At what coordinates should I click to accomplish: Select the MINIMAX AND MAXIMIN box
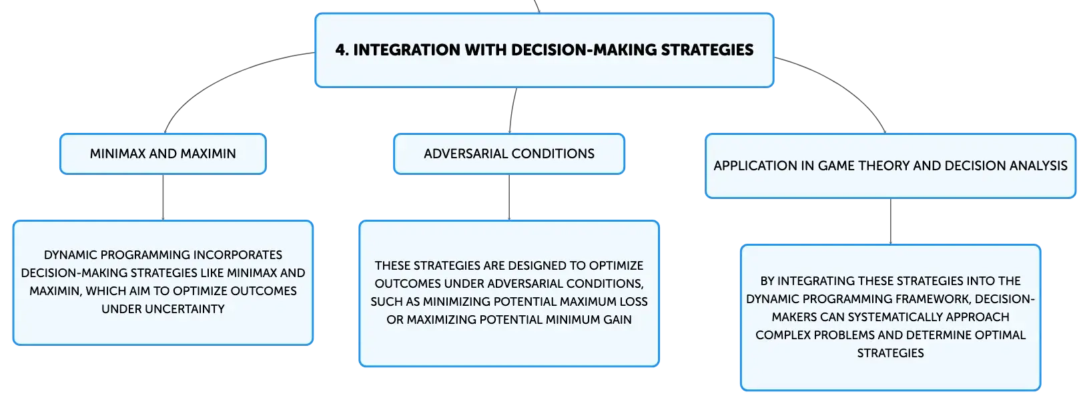[x=163, y=154]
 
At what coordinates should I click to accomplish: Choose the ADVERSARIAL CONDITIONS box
[x=509, y=154]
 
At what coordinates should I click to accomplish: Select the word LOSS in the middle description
[x=633, y=302]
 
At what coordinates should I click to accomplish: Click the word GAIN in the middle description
[x=617, y=320]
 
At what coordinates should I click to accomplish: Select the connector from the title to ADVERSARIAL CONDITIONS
[x=512, y=110]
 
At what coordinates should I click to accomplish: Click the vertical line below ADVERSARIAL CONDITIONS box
[x=509, y=197]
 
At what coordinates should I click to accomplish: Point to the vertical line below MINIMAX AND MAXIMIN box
[x=163, y=197]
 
